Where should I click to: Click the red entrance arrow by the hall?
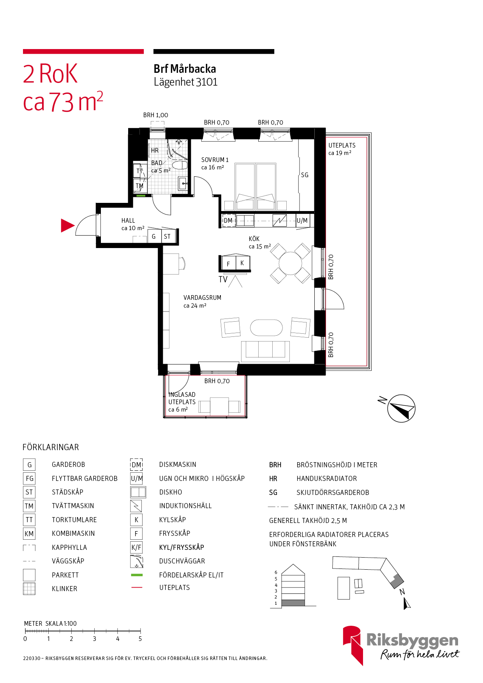[x=67, y=225]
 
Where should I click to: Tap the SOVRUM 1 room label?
[x=215, y=160]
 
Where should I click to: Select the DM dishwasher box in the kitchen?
[x=229, y=220]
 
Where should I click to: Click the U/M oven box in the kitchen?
[x=302, y=220]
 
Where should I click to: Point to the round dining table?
[x=290, y=263]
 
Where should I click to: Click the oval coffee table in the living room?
[x=266, y=327]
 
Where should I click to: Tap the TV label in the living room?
[x=223, y=279]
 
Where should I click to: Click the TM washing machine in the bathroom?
[x=139, y=185]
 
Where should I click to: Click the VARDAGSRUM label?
[x=202, y=297]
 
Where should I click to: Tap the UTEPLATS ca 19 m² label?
[x=342, y=149]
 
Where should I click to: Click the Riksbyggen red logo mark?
[x=353, y=645]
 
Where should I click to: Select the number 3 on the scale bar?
[x=94, y=639]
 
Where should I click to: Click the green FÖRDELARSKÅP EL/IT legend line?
[x=137, y=575]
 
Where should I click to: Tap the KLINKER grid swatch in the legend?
[x=29, y=588]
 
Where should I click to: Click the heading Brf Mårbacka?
[x=185, y=69]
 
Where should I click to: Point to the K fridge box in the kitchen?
[x=242, y=263]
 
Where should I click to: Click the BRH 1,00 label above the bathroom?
[x=155, y=115]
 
